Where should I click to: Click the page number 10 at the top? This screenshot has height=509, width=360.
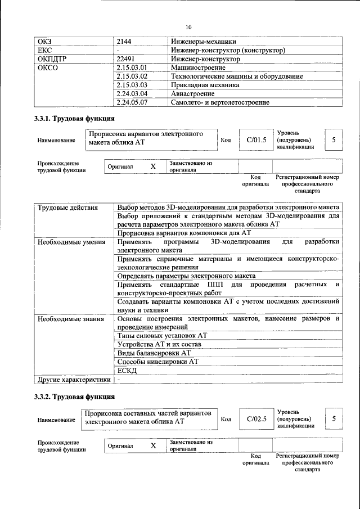[x=188, y=27]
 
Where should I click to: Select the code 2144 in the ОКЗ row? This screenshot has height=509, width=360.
[x=124, y=42]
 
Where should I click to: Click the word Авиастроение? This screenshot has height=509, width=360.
[x=192, y=94]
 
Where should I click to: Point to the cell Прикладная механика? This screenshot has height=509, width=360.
[x=205, y=85]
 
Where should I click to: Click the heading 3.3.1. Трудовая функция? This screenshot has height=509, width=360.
[x=75, y=119]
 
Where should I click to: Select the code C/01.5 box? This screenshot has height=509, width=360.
[x=256, y=140]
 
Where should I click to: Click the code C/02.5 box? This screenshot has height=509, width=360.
[x=256, y=418]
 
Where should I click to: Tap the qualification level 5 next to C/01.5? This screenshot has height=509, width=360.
[x=334, y=140]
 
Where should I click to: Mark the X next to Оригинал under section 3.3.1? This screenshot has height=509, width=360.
[x=152, y=167]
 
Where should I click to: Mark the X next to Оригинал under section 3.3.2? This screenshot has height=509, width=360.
[x=152, y=445]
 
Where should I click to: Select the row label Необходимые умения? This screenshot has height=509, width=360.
[x=71, y=242]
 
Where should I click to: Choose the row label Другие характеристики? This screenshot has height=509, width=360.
[x=74, y=380]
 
